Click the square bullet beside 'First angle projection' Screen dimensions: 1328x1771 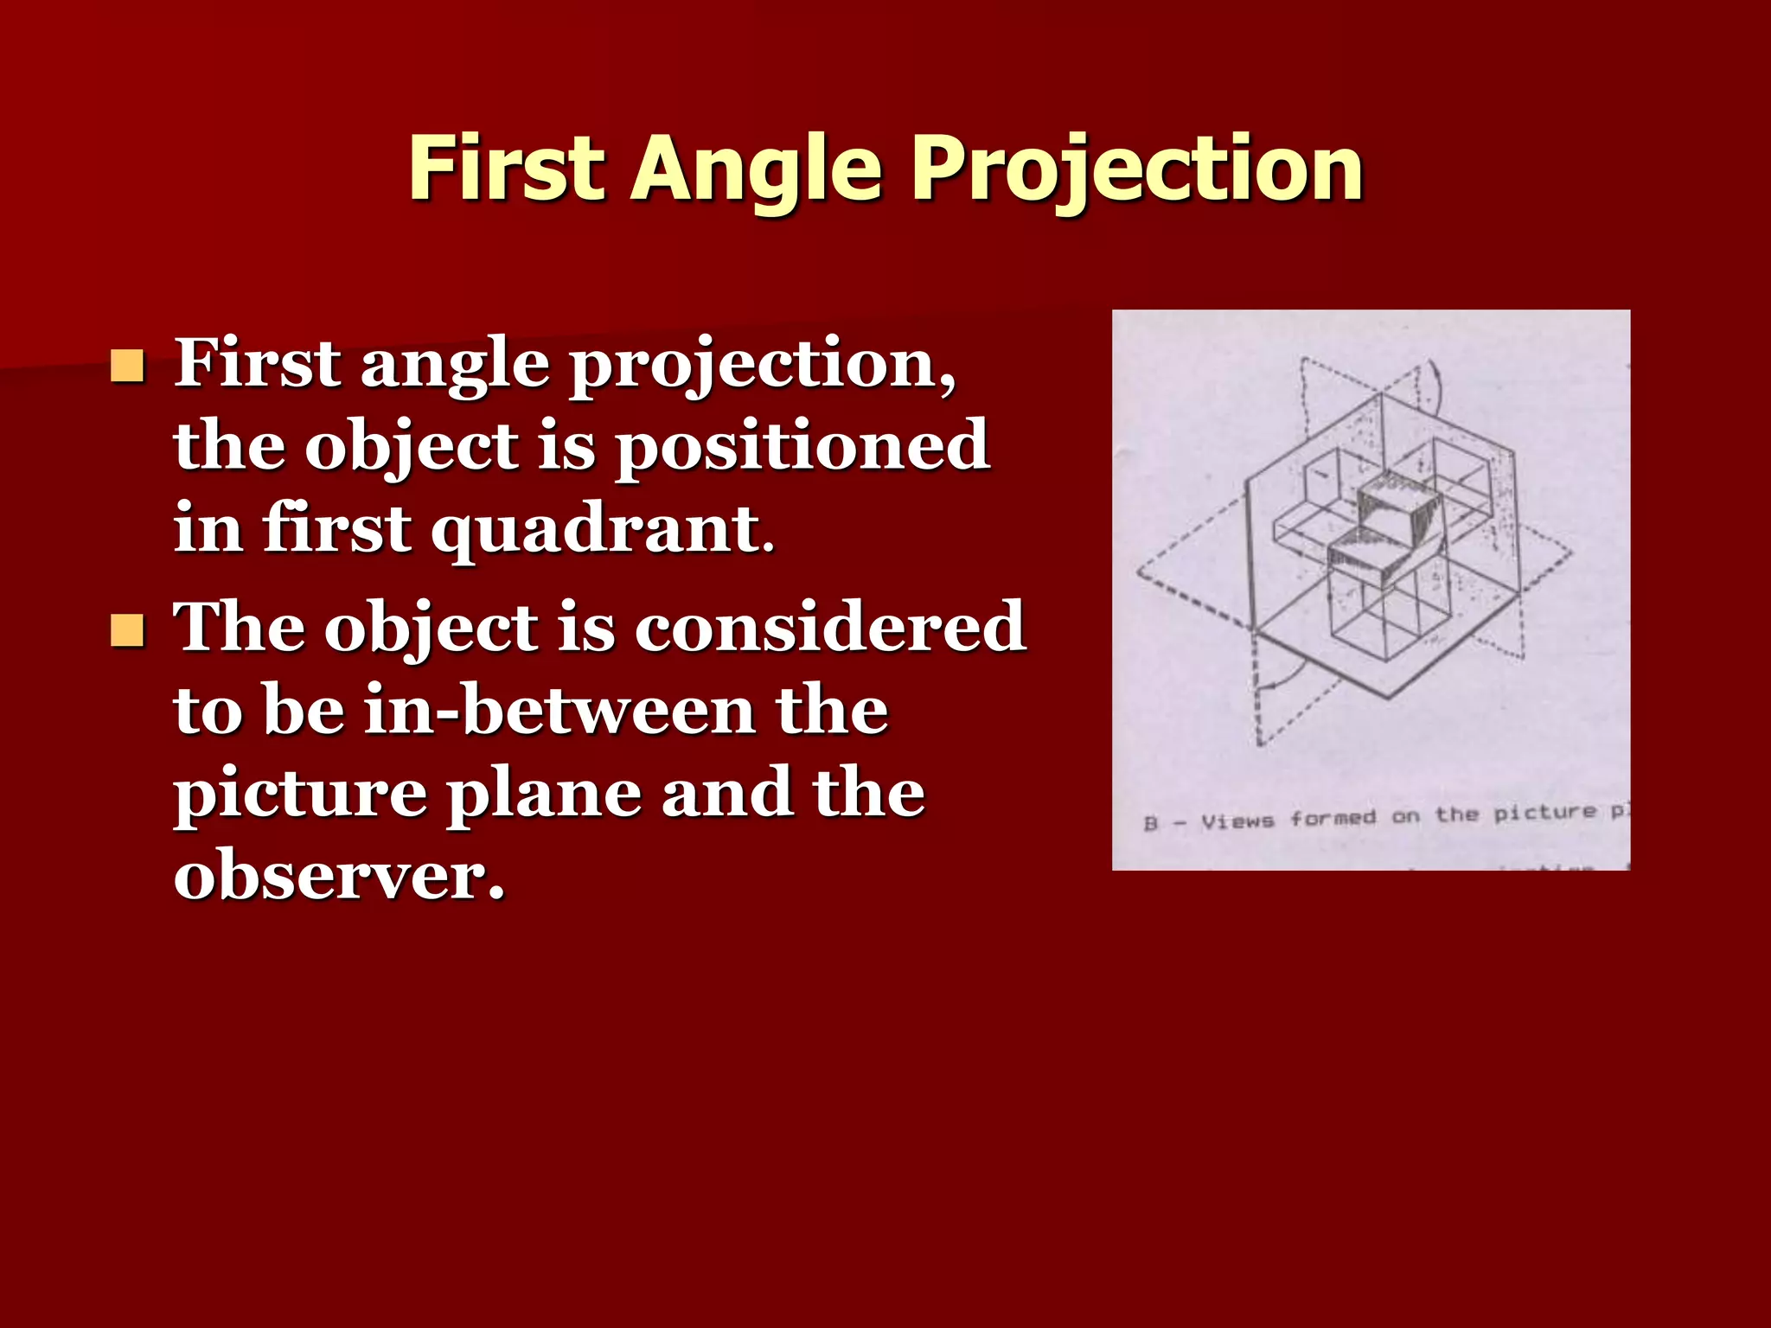point(127,367)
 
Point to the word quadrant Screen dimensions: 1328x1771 point(597,529)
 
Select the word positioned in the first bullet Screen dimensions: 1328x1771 point(802,446)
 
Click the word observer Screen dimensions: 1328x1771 point(339,875)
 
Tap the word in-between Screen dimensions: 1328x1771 point(560,710)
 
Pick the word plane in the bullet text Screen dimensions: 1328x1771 point(543,794)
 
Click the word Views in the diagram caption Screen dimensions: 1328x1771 point(1237,820)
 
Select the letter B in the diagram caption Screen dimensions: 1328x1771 point(1150,823)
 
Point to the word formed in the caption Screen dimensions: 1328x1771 point(1333,817)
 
